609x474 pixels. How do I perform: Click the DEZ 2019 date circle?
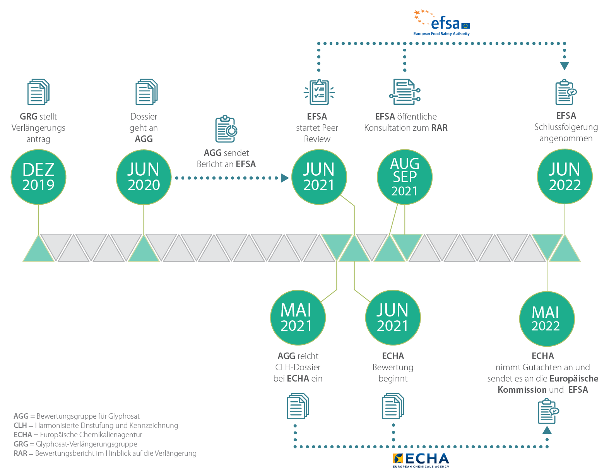point(38,177)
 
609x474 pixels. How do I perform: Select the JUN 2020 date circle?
point(144,177)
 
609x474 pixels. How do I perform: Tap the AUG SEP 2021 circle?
point(404,177)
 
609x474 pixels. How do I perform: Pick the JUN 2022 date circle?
point(565,177)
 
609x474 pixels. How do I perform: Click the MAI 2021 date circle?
point(298,318)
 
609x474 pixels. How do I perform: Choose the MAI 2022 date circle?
point(547,318)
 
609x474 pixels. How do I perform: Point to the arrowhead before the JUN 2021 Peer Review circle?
point(285,178)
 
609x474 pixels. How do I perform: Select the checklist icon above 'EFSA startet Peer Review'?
point(319,92)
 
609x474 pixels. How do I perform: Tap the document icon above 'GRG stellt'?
point(38,92)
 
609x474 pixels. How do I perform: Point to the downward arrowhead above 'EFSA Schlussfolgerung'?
point(565,66)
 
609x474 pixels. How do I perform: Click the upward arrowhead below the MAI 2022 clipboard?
point(547,430)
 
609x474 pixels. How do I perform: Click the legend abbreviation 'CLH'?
point(20,426)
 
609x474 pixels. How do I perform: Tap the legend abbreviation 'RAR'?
point(20,453)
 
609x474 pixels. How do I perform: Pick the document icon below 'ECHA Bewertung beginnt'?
point(393,406)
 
